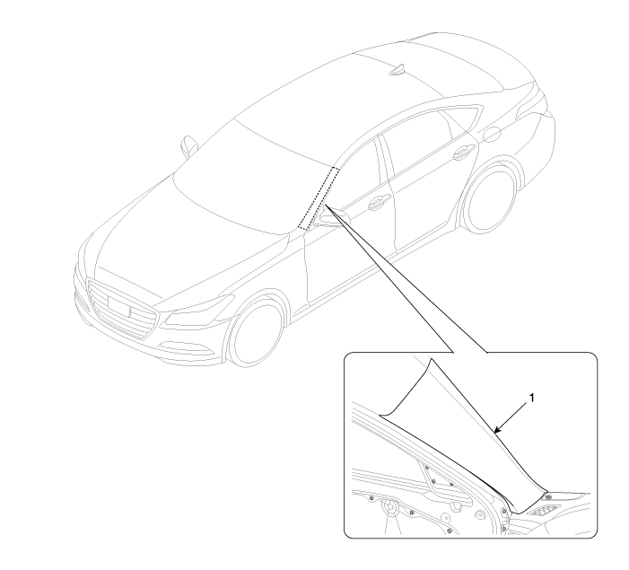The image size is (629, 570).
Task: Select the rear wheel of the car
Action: [489, 199]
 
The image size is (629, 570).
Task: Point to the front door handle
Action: [379, 202]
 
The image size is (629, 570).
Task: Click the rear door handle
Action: [463, 152]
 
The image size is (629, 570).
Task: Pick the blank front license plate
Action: [118, 306]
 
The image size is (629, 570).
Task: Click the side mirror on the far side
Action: [188, 146]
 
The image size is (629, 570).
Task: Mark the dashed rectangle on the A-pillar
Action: [319, 198]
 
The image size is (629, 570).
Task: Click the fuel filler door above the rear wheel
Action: [492, 134]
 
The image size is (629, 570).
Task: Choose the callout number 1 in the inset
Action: [532, 398]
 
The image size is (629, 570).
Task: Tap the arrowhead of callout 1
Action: [497, 431]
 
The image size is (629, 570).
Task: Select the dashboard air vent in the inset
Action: [542, 512]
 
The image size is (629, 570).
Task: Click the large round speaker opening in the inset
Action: [389, 507]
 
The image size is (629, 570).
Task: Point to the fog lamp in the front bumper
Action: [186, 347]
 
